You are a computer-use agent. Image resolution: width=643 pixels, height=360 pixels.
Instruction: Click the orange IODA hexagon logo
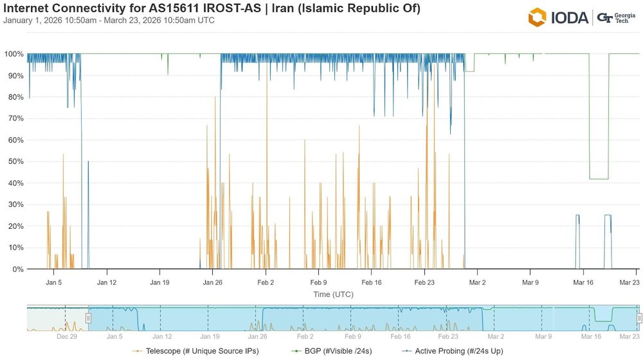tap(537, 17)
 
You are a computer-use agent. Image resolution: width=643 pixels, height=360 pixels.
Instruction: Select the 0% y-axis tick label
tap(17, 269)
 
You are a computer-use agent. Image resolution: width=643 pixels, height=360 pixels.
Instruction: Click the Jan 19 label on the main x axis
tap(159, 282)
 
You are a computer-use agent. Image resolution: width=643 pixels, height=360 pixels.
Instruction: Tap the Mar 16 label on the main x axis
tap(583, 282)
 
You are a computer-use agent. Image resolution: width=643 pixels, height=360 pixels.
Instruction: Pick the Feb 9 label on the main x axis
tap(318, 282)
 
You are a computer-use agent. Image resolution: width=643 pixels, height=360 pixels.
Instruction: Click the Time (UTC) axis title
tap(333, 294)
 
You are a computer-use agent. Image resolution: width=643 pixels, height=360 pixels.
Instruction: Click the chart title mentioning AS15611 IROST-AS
tap(212, 8)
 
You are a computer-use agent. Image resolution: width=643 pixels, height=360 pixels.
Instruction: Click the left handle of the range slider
tap(89, 318)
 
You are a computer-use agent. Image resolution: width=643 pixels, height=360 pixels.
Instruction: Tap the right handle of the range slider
tap(639, 318)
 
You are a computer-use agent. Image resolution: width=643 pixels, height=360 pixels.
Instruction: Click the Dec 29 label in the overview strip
tap(67, 336)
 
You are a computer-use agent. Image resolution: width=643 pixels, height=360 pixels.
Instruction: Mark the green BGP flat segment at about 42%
tap(599, 179)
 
